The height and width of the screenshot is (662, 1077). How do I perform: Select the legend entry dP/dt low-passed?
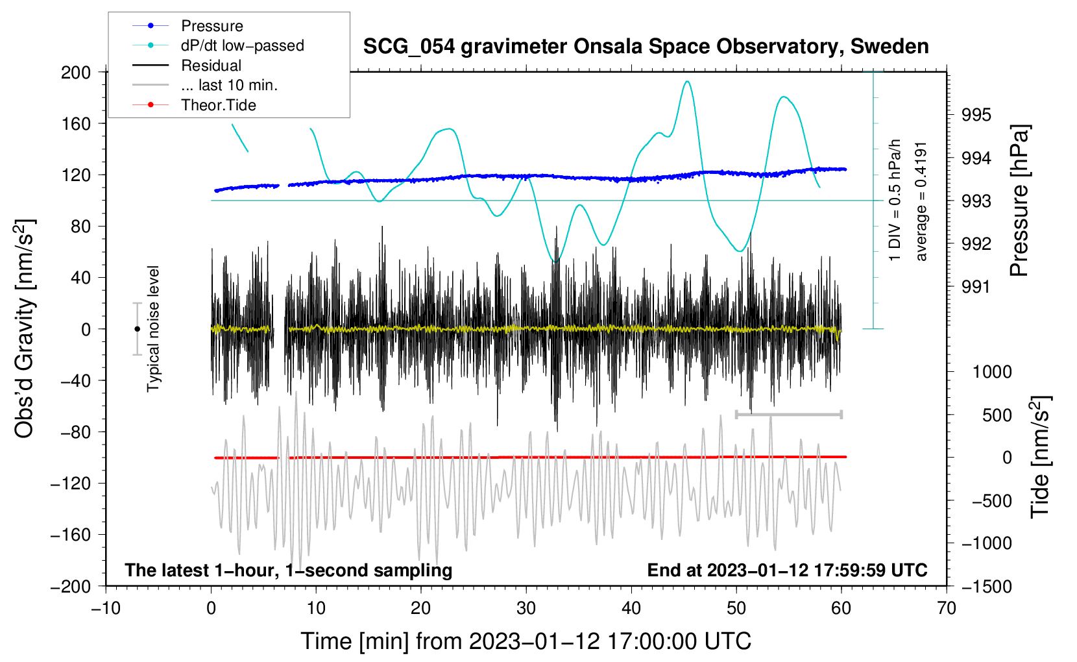tap(242, 45)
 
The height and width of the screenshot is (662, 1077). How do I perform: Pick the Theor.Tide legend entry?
tap(218, 105)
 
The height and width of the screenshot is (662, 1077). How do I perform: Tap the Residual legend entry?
tap(211, 66)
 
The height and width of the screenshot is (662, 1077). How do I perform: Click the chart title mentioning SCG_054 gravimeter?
tap(646, 47)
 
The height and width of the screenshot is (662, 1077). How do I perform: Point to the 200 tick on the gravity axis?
tap(76, 72)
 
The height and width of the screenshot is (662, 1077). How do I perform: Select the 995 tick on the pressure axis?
tap(976, 115)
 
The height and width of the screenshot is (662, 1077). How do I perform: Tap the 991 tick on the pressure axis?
tap(976, 286)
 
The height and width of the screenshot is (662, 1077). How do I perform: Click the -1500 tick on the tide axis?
tap(987, 586)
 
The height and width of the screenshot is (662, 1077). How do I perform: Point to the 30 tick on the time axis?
tap(526, 608)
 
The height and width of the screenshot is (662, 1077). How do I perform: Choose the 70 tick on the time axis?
tap(947, 608)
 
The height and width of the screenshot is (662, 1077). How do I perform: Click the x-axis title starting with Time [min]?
tap(526, 641)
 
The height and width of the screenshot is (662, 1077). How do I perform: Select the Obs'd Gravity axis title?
tap(24, 328)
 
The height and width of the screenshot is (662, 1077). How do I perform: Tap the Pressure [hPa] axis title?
tap(1019, 201)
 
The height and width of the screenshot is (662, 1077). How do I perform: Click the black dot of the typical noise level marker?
tap(137, 329)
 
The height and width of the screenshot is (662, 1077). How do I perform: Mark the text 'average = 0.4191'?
tap(921, 201)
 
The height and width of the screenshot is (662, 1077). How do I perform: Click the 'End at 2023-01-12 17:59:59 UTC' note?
tap(787, 570)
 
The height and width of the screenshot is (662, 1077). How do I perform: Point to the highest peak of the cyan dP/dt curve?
tap(687, 81)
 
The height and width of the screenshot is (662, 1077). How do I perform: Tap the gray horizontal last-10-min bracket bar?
tap(788, 414)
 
